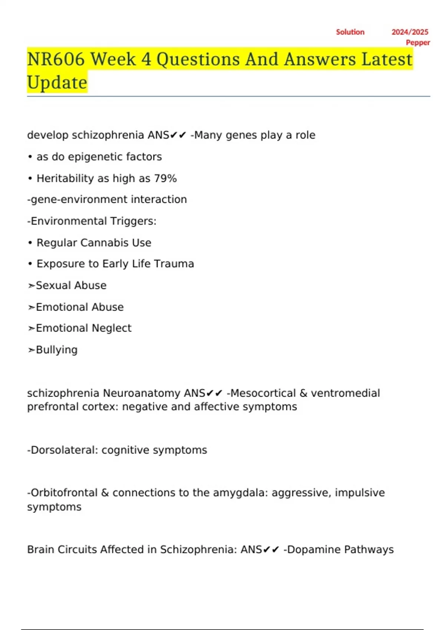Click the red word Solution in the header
350,32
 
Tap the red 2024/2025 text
410,32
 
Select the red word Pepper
418,43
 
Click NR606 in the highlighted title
56,59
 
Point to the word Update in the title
57,82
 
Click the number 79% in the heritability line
165,179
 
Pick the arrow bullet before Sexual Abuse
31,286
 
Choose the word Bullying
56,350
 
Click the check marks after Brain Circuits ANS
271,550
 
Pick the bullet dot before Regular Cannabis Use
30,243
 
